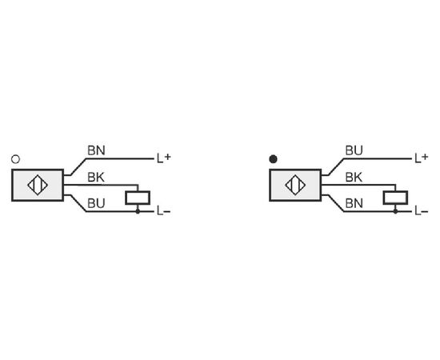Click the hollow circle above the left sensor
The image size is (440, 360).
click(x=15, y=159)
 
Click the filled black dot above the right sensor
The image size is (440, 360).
click(x=273, y=159)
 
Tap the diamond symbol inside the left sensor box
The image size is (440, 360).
click(x=38, y=185)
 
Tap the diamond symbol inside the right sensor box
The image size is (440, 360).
click(x=295, y=185)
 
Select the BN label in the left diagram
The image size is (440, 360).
click(x=96, y=150)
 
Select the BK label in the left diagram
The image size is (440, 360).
click(x=96, y=178)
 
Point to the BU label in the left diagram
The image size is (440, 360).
click(x=96, y=203)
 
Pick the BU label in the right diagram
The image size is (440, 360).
click(x=354, y=150)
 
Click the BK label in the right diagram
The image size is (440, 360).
click(x=354, y=178)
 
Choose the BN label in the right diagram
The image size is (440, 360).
click(x=354, y=203)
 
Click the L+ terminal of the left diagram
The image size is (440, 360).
click(x=163, y=158)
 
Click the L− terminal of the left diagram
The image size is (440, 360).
click(x=163, y=211)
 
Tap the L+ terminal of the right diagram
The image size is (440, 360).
click(x=422, y=158)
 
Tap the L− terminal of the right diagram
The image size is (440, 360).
click(x=422, y=211)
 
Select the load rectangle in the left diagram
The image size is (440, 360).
click(x=138, y=198)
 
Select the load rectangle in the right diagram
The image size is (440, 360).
click(x=395, y=198)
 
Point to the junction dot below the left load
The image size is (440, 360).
click(x=138, y=211)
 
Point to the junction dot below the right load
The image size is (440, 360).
click(x=395, y=211)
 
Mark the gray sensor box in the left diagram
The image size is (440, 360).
click(x=38, y=185)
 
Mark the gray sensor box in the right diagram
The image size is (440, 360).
click(x=295, y=185)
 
